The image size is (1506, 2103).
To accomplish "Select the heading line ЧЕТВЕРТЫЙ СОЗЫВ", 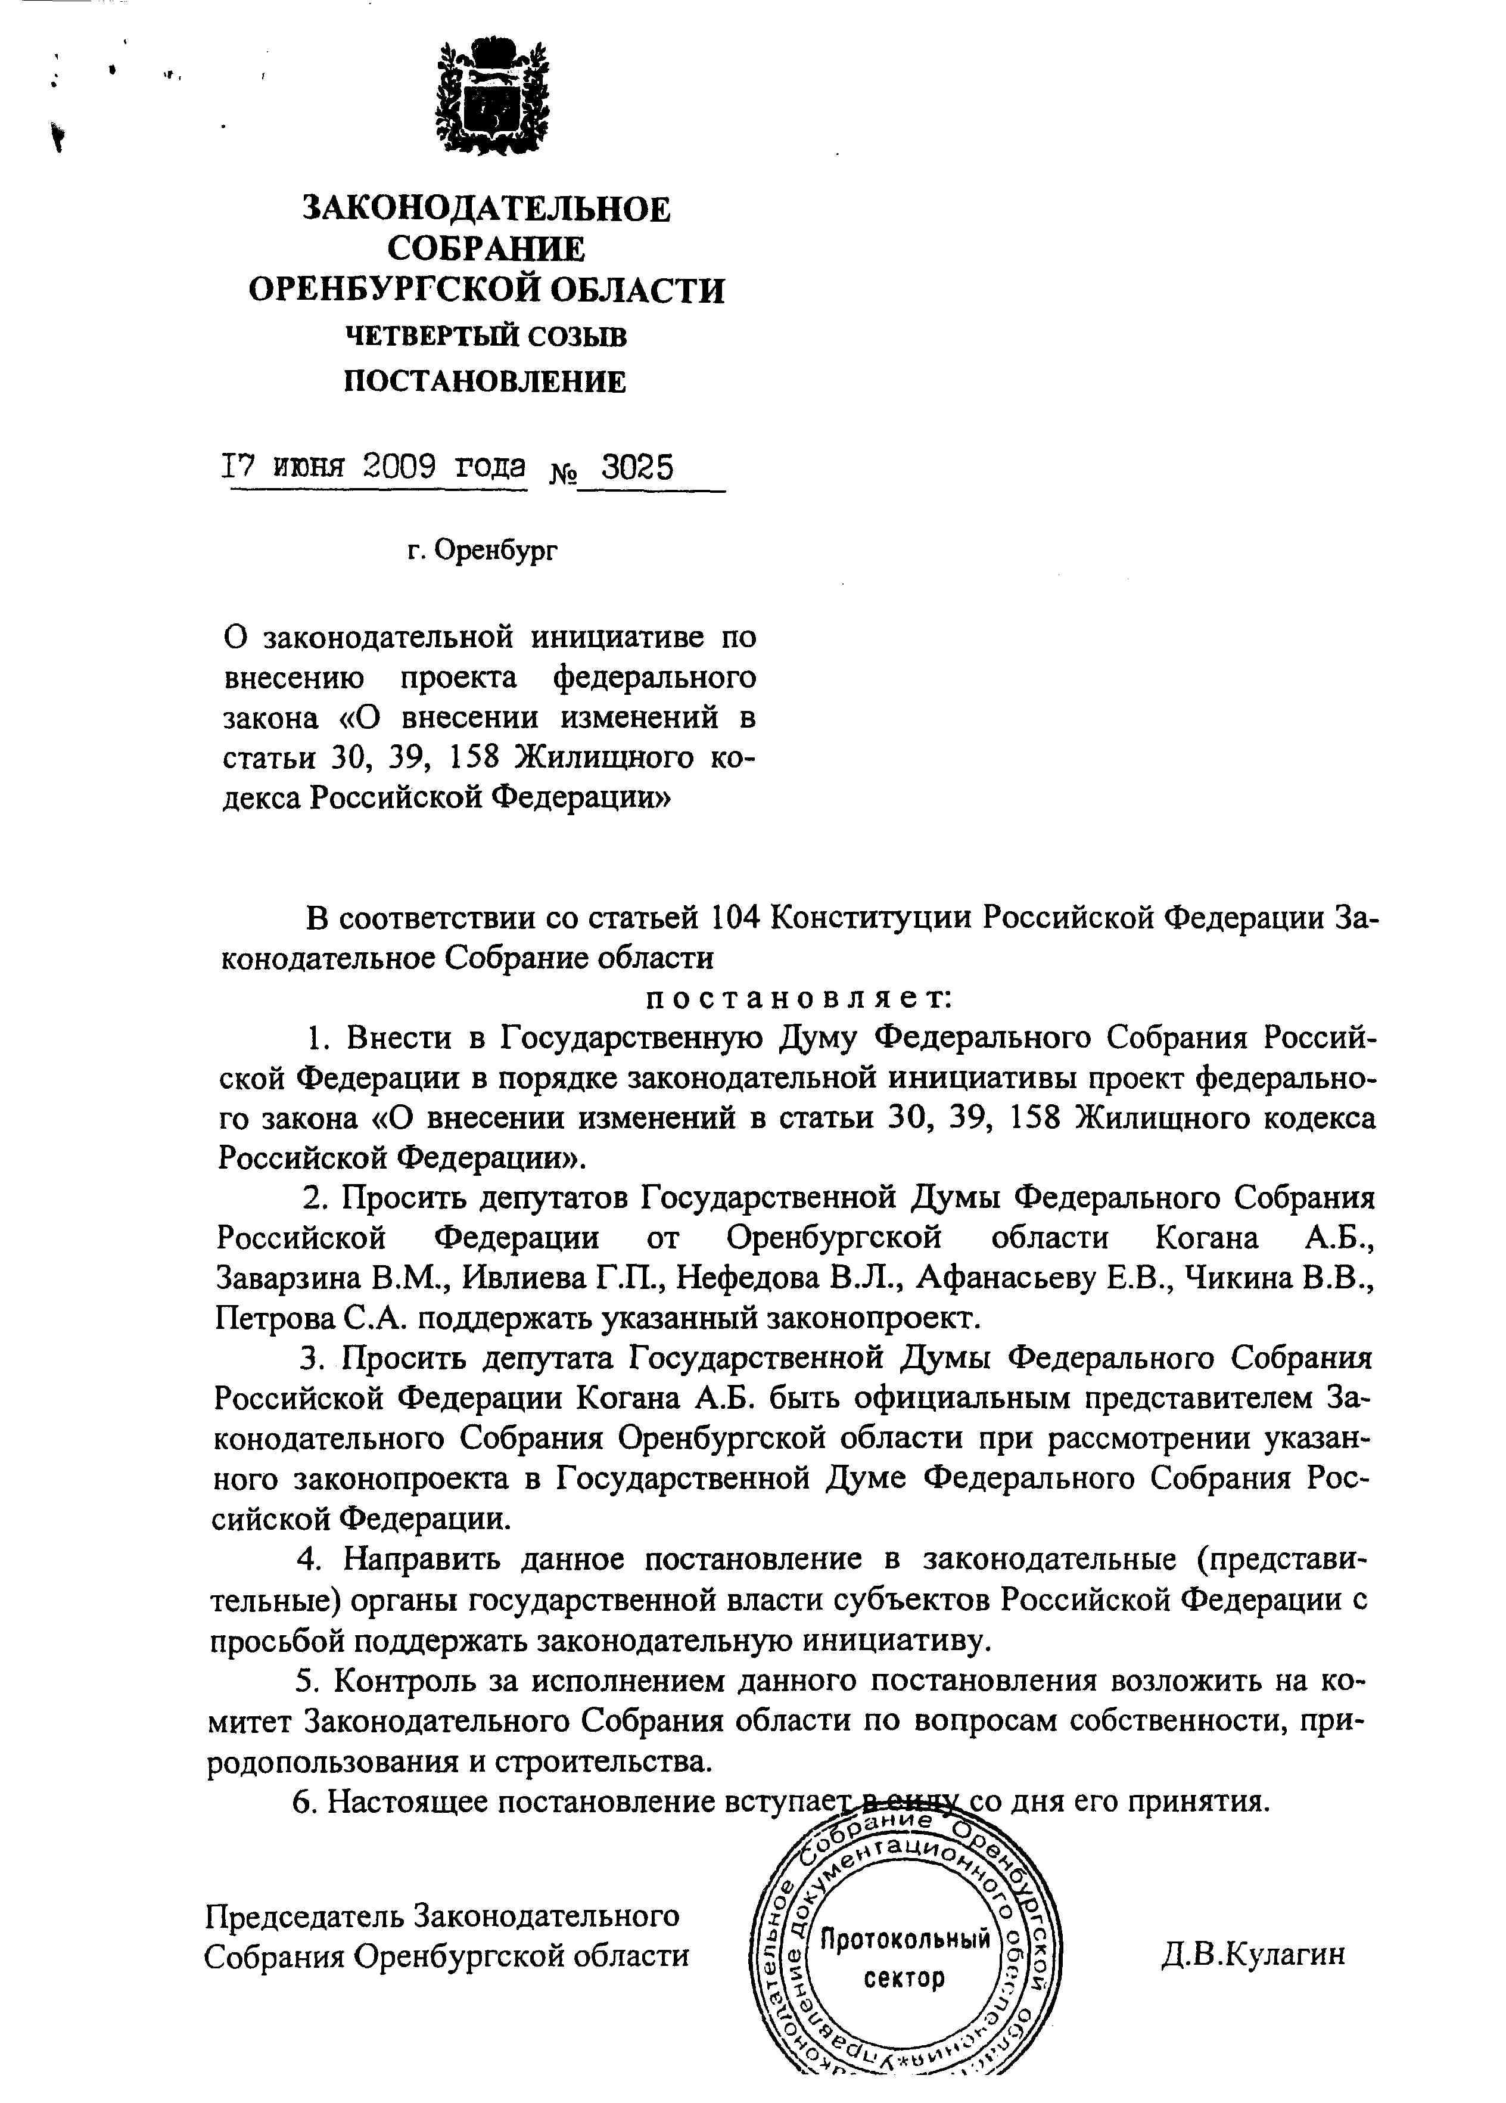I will pos(486,336).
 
